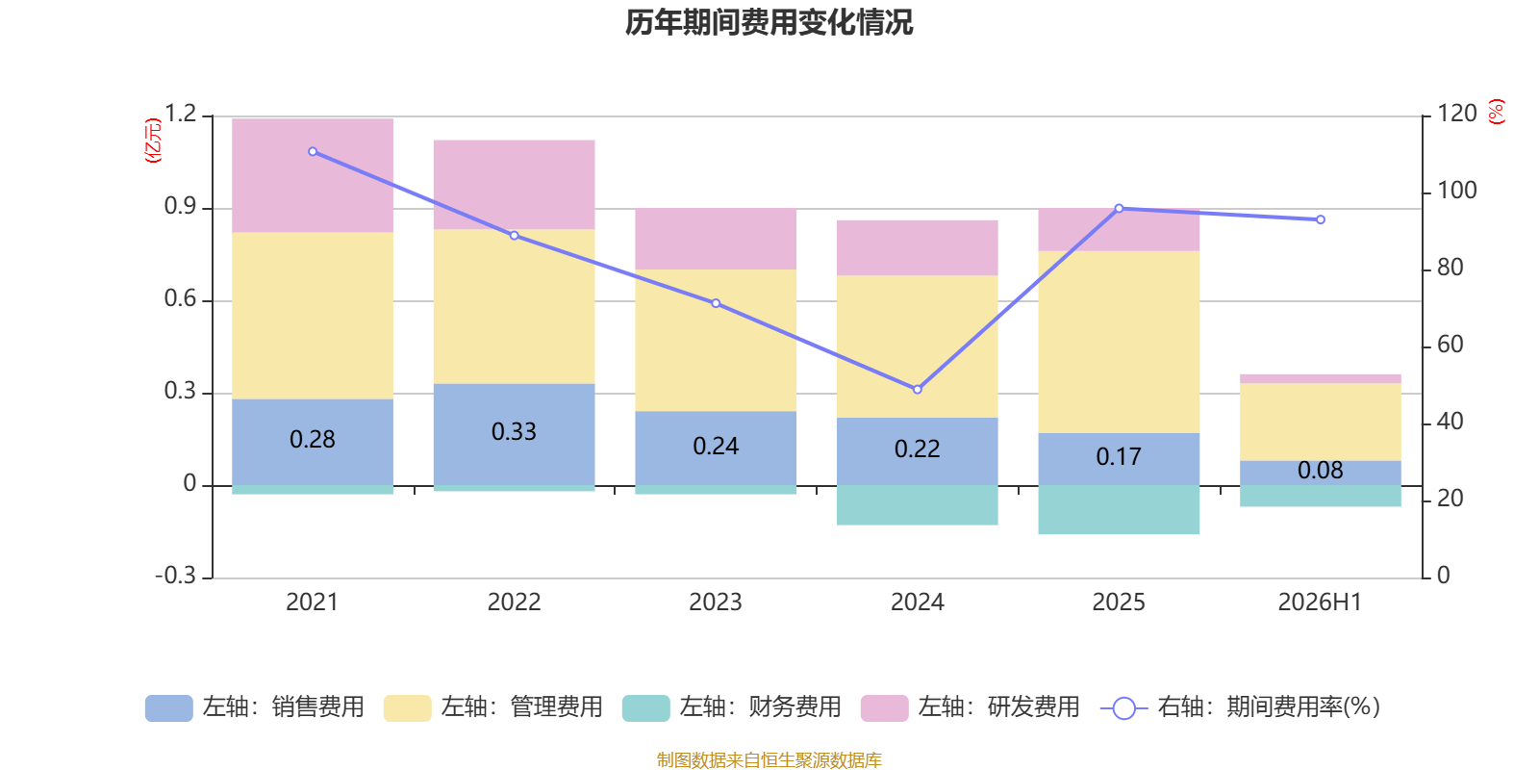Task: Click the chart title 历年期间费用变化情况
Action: [x=769, y=23]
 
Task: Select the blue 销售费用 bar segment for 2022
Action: [x=514, y=434]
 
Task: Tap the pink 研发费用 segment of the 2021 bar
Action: [x=313, y=175]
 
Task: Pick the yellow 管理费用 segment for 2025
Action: [x=1119, y=342]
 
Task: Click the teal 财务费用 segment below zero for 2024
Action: [x=918, y=505]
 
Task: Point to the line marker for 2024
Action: [x=918, y=389]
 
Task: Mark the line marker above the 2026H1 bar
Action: [x=1321, y=220]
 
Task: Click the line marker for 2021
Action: [x=313, y=151]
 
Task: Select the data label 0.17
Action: [x=1119, y=456]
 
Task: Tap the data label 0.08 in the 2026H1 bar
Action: [x=1320, y=471]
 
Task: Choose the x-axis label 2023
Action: [x=716, y=603]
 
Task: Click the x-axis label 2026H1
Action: [x=1320, y=603]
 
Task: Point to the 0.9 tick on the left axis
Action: [x=180, y=206]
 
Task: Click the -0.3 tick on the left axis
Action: [x=176, y=575]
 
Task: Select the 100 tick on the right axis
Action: [x=1457, y=191]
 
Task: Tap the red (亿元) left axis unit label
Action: [x=153, y=141]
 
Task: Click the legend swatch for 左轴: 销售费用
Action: [x=169, y=708]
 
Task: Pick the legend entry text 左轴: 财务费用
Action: [x=761, y=706]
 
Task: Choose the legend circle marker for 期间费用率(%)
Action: [x=1124, y=708]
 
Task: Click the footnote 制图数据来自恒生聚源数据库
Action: [x=769, y=759]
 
